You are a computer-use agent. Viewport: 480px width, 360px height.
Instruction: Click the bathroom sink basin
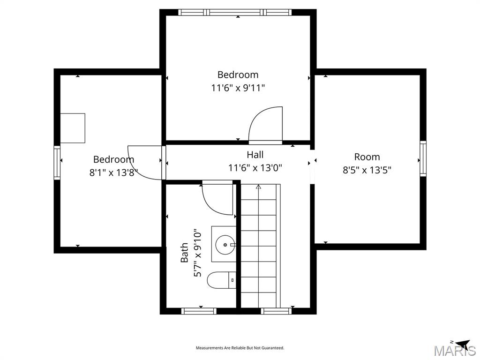pyautogui.click(x=225, y=244)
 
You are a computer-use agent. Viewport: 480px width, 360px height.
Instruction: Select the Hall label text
pyautogui.click(x=255, y=155)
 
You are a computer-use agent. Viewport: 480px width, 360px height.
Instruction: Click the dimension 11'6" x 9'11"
pyautogui.click(x=238, y=88)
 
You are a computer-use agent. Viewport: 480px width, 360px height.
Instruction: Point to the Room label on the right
pyautogui.click(x=367, y=157)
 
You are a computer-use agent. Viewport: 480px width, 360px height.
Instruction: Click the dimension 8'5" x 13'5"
pyautogui.click(x=367, y=170)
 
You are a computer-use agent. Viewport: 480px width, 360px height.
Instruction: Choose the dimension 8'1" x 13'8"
pyautogui.click(x=113, y=172)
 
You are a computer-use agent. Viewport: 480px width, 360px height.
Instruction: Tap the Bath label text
pyautogui.click(x=185, y=252)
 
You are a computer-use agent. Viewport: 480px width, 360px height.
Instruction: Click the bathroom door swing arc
pyautogui.click(x=217, y=200)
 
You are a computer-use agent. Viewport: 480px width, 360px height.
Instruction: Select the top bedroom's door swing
pyautogui.click(x=265, y=124)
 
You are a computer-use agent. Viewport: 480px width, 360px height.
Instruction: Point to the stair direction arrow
pyautogui.click(x=258, y=187)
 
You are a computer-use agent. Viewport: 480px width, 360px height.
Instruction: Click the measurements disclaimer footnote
pyautogui.click(x=240, y=348)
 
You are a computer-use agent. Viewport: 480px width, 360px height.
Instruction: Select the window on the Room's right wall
pyautogui.click(x=423, y=158)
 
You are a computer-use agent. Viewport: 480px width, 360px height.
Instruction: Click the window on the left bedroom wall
pyautogui.click(x=57, y=162)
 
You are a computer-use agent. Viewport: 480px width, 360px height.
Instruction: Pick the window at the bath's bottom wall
pyautogui.click(x=199, y=311)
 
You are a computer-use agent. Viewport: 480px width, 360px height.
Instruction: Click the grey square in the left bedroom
pyautogui.click(x=73, y=128)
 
